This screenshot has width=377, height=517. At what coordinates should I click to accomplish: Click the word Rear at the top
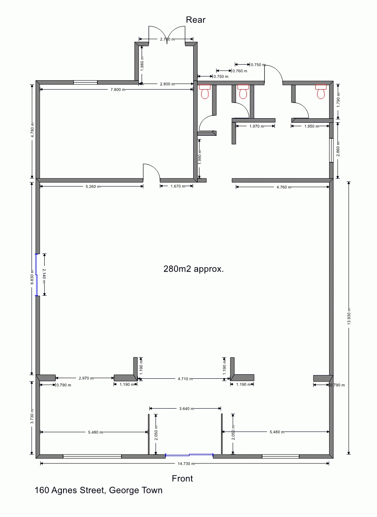coord(195,20)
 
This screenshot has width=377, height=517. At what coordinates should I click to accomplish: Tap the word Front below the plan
coord(182,479)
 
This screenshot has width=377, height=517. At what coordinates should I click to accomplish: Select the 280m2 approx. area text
coord(194,269)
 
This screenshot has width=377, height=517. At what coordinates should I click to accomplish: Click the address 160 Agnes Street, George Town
coord(98,490)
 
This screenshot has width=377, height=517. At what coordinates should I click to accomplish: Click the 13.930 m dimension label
coord(349,317)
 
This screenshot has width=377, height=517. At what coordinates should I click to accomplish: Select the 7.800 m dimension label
coord(118,90)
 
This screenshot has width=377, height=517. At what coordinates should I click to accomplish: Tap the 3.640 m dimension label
coord(186,409)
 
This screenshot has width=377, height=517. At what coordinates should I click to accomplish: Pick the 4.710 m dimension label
coord(185,379)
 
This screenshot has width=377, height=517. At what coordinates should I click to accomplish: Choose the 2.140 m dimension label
coord(44,275)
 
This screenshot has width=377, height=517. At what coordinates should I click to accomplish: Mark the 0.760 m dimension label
coord(240,71)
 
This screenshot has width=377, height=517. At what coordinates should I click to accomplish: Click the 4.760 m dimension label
coord(284,187)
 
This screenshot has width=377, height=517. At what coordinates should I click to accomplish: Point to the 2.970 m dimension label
coord(86,378)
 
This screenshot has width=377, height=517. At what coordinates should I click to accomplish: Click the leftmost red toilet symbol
coord(205,92)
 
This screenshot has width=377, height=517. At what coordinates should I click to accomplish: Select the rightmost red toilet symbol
coord(321,92)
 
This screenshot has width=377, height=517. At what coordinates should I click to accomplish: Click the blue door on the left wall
coord(36,275)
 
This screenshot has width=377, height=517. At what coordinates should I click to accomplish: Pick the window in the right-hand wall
coord(332,150)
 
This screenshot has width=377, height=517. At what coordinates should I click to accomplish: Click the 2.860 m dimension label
coord(338,149)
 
